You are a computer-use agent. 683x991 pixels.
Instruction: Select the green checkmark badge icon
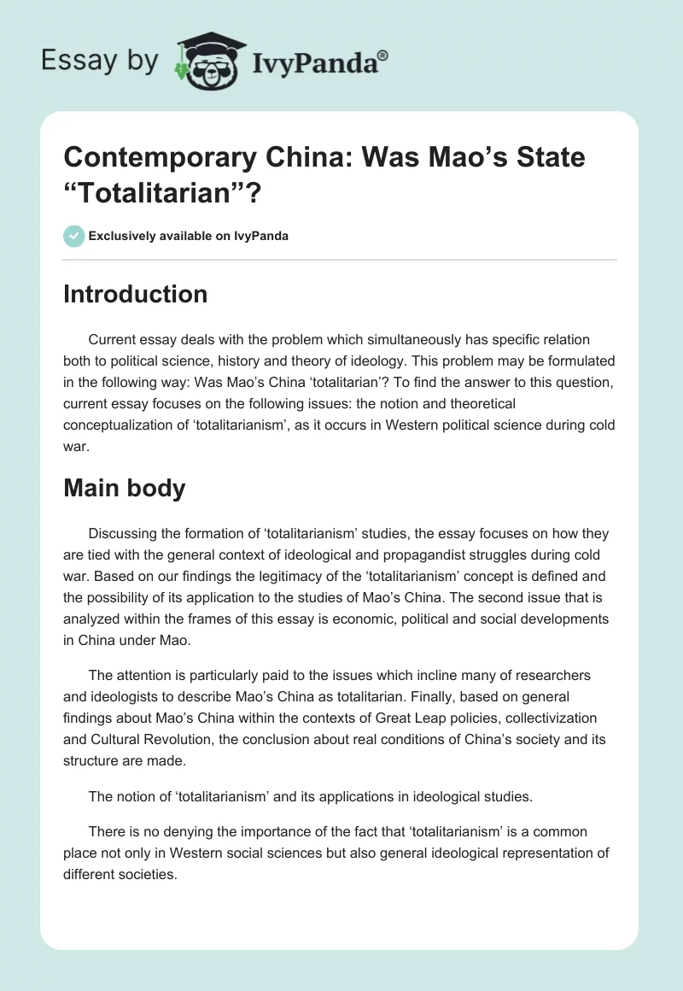click(x=74, y=236)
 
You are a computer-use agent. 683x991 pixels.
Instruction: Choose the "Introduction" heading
click(x=136, y=294)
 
